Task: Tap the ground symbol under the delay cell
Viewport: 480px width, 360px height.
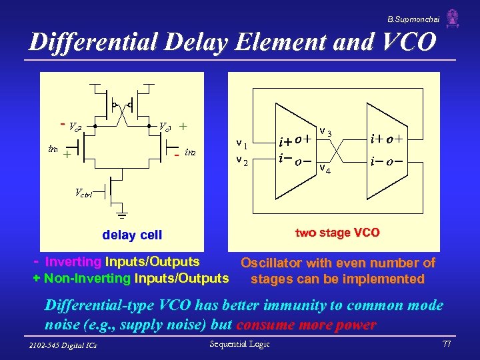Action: coord(123,215)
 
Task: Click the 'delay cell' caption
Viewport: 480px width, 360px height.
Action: coord(132,235)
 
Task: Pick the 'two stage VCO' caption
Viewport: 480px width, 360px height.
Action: coord(337,233)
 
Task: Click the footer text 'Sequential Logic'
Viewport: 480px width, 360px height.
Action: coord(240,344)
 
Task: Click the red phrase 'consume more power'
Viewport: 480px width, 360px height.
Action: coord(306,325)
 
